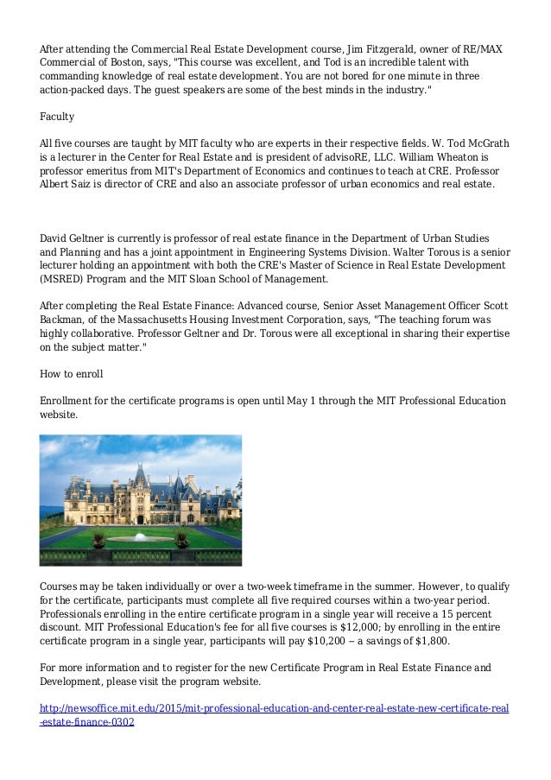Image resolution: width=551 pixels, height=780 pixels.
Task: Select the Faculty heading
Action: pyautogui.click(x=57, y=116)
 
